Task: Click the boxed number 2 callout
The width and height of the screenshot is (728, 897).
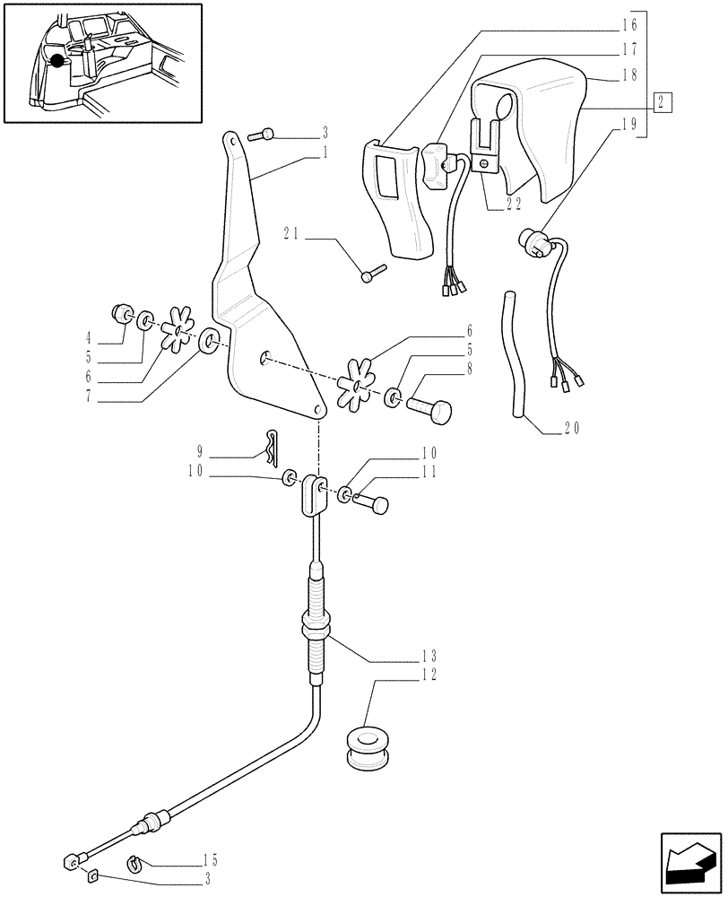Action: (x=662, y=101)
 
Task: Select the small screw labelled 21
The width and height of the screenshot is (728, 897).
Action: (x=373, y=273)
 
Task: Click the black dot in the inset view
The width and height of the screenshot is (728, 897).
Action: (x=59, y=61)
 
